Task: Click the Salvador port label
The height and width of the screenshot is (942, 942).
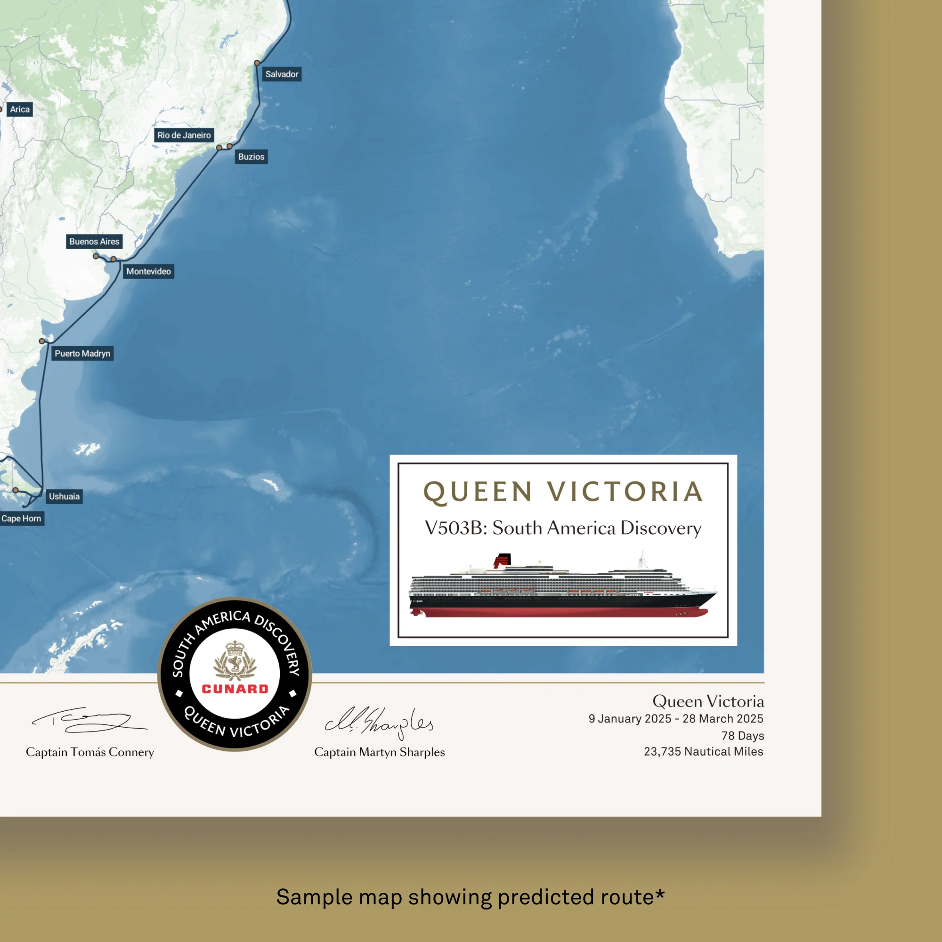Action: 281,74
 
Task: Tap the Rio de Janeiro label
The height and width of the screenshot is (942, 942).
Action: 184,135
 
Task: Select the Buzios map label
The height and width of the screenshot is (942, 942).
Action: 251,156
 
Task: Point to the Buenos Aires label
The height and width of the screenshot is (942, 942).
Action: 94,241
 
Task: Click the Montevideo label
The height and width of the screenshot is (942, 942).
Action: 149,271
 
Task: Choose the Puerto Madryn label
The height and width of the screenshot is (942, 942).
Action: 82,354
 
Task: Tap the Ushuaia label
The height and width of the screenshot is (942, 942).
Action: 64,496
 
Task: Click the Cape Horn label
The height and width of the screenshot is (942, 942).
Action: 22,518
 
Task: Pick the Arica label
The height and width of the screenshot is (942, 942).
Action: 20,109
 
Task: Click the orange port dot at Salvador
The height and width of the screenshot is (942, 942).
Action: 257,63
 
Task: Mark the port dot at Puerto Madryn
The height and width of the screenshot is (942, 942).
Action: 42,341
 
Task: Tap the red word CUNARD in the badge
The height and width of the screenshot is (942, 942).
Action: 235,689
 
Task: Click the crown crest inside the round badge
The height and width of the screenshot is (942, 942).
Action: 235,661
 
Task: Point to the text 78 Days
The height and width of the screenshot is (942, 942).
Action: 743,736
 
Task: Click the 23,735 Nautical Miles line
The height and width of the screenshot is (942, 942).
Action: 704,751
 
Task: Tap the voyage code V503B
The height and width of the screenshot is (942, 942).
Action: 454,528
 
